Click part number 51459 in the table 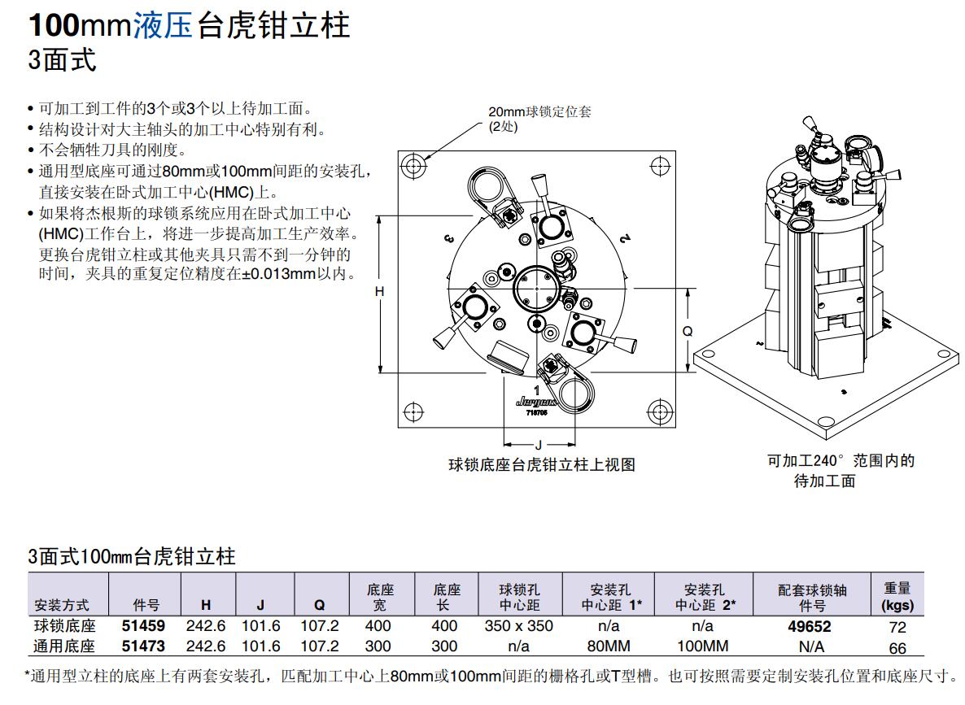coord(143,626)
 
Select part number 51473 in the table coord(143,646)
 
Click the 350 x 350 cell coord(518,626)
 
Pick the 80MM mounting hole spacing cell coord(609,646)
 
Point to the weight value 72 coord(897,627)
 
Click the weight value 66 coord(897,647)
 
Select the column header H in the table coord(206,605)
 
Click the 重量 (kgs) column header coord(897,596)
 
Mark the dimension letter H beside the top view coord(379,290)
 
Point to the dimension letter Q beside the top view coord(687,331)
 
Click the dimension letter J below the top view coord(538,445)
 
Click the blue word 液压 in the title coord(163,26)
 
